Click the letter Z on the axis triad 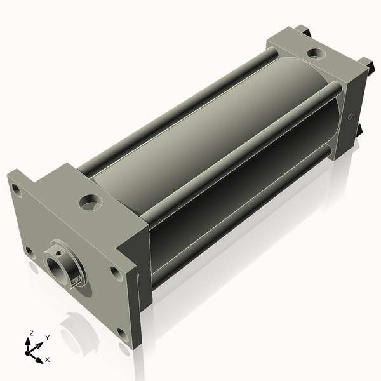[31, 333]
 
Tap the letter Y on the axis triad [48, 338]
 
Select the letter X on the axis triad [48, 359]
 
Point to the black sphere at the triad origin [27, 353]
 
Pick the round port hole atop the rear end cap [316, 53]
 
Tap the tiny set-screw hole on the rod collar [58, 254]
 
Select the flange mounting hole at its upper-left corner [17, 190]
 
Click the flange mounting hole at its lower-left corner [30, 253]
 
